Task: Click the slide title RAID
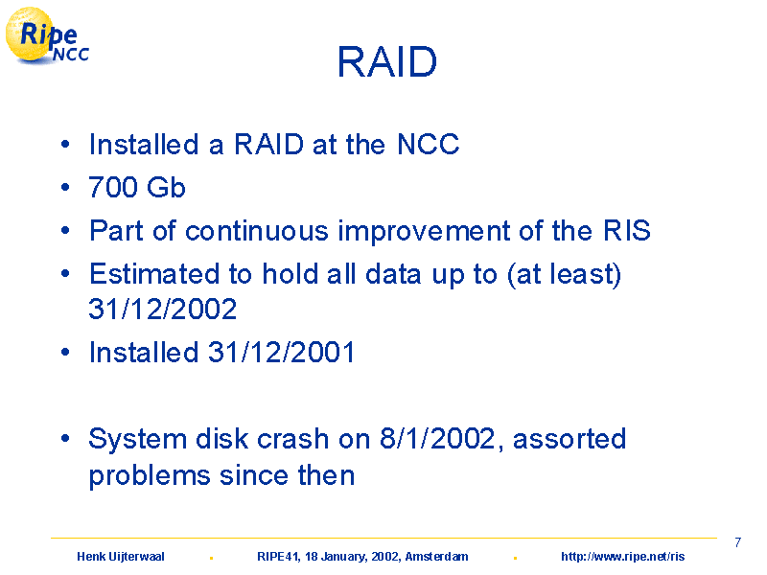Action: click(387, 61)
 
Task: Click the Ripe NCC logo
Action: click(47, 36)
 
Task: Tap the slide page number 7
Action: click(737, 542)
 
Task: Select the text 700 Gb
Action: click(137, 187)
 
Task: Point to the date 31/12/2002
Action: click(162, 309)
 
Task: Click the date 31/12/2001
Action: click(281, 352)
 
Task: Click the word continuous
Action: click(256, 230)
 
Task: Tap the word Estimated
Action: click(154, 273)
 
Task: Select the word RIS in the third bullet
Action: click(627, 230)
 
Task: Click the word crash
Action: click(292, 439)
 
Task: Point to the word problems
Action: click(150, 475)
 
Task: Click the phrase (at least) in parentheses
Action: click(564, 274)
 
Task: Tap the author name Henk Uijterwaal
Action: click(121, 557)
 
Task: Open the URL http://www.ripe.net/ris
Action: click(622, 557)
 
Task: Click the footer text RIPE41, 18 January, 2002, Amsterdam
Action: click(362, 557)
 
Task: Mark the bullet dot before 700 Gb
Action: click(65, 187)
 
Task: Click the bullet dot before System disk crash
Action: click(65, 439)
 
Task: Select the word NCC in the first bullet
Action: click(428, 145)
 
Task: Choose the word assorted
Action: click(569, 439)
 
